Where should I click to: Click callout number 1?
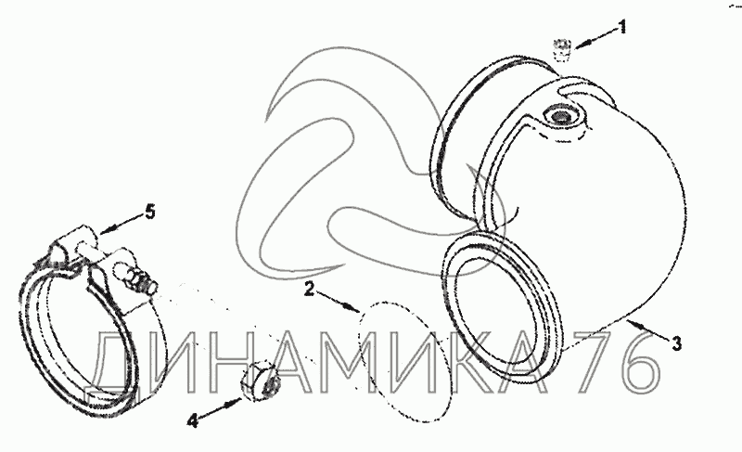623,27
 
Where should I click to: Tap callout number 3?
676,344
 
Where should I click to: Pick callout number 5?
148,211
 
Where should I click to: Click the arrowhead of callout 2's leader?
356,307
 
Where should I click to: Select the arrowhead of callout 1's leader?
579,40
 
